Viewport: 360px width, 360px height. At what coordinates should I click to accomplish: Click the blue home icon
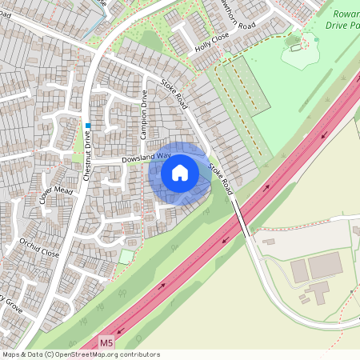[x=180, y=173]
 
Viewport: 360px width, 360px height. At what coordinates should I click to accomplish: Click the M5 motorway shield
[x=107, y=342]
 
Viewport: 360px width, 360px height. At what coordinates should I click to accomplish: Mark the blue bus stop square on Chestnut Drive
[x=89, y=126]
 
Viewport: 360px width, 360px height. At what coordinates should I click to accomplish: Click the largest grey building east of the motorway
[x=325, y=266]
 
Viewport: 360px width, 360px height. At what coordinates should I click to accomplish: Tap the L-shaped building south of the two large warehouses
[x=319, y=294]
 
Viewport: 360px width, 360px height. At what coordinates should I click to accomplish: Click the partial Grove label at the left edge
[x=10, y=304]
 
